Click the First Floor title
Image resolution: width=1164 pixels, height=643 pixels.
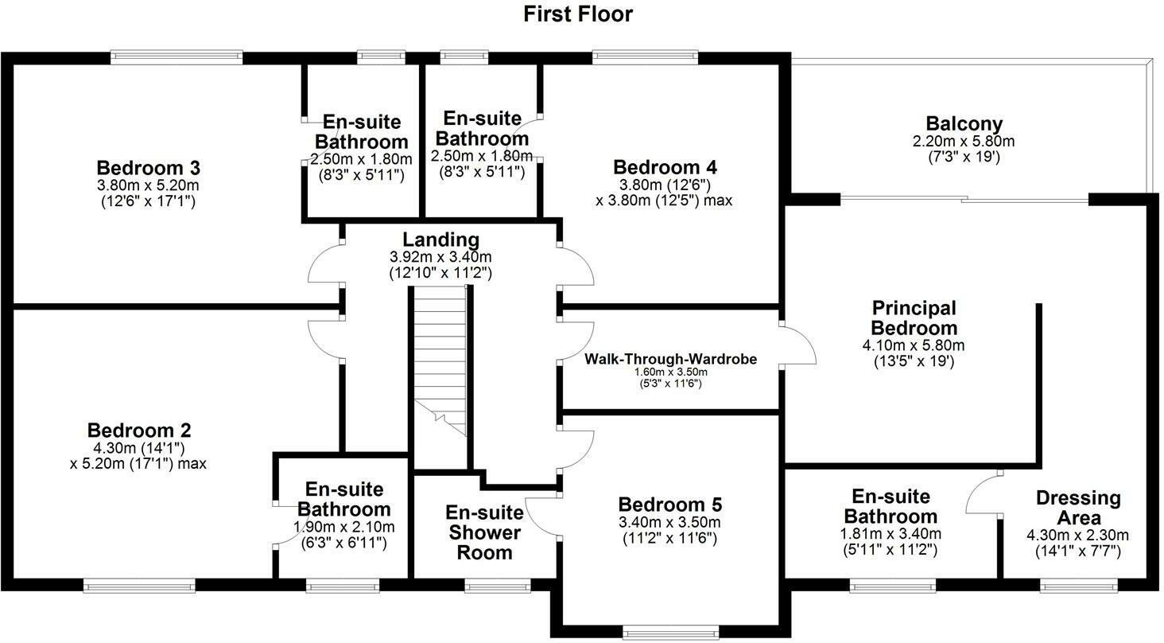578,14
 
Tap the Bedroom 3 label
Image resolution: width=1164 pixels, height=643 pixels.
148,168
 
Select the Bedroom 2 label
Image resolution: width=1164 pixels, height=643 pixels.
138,431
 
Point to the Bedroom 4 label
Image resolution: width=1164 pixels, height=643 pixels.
665,167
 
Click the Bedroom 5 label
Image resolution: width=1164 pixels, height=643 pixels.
669,505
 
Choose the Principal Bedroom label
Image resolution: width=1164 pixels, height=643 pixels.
914,318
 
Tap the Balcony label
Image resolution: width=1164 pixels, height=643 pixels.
964,124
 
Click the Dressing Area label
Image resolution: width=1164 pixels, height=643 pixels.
1078,508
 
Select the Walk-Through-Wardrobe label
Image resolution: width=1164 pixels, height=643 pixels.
671,359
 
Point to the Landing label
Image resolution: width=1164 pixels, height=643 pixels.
440,240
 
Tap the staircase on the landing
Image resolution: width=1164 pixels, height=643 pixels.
439,358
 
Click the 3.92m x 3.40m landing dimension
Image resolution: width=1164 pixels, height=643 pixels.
440,257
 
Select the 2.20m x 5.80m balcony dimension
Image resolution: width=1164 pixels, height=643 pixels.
964,142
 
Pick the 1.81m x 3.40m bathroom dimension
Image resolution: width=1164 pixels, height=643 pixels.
890,534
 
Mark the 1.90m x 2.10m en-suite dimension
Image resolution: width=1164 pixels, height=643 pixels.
343,527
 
